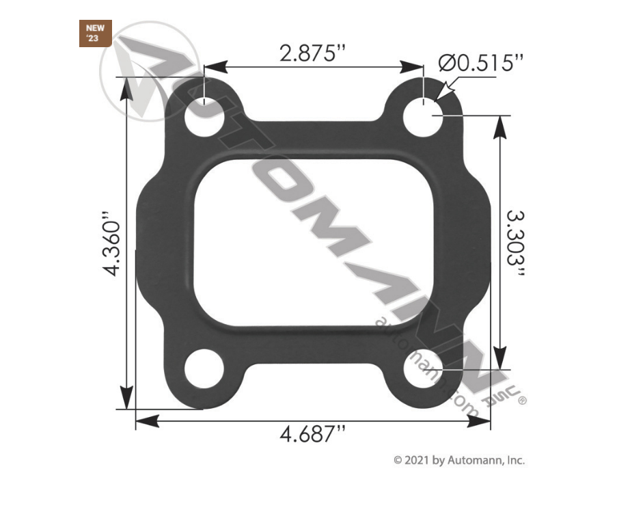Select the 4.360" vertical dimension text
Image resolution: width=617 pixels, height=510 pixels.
(112, 247)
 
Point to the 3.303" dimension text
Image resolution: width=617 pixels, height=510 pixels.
(517, 245)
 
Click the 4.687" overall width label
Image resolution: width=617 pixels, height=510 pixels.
(313, 433)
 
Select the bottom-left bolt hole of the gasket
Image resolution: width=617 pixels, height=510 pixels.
(204, 371)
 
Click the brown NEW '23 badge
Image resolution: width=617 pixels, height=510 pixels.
(92, 33)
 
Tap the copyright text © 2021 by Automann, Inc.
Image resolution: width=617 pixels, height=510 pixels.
(458, 461)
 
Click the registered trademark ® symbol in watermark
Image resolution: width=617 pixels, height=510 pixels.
(523, 401)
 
